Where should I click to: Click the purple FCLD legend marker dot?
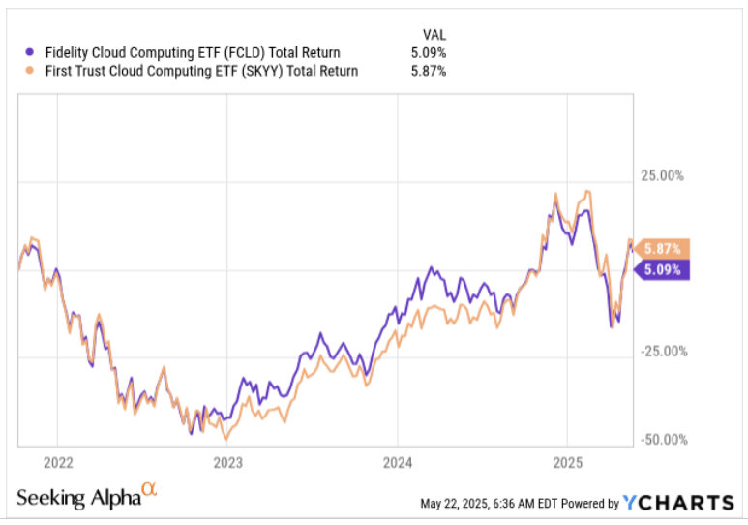(x=29, y=52)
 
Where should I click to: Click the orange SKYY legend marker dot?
(x=29, y=71)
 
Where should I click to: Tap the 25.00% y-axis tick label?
(x=665, y=176)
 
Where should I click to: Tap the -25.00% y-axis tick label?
(x=663, y=353)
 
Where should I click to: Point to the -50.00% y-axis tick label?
(x=663, y=440)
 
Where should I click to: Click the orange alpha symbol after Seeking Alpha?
(x=149, y=492)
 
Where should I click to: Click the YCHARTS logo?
(x=678, y=503)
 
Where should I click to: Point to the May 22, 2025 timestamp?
(x=491, y=504)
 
